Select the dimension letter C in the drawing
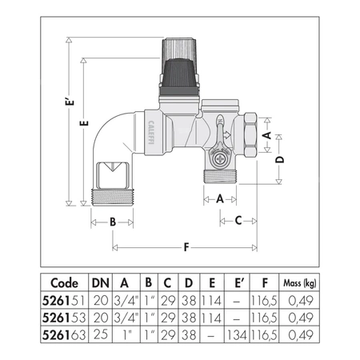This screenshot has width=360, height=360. tap(237, 219)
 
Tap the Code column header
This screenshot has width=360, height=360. tap(65, 282)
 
